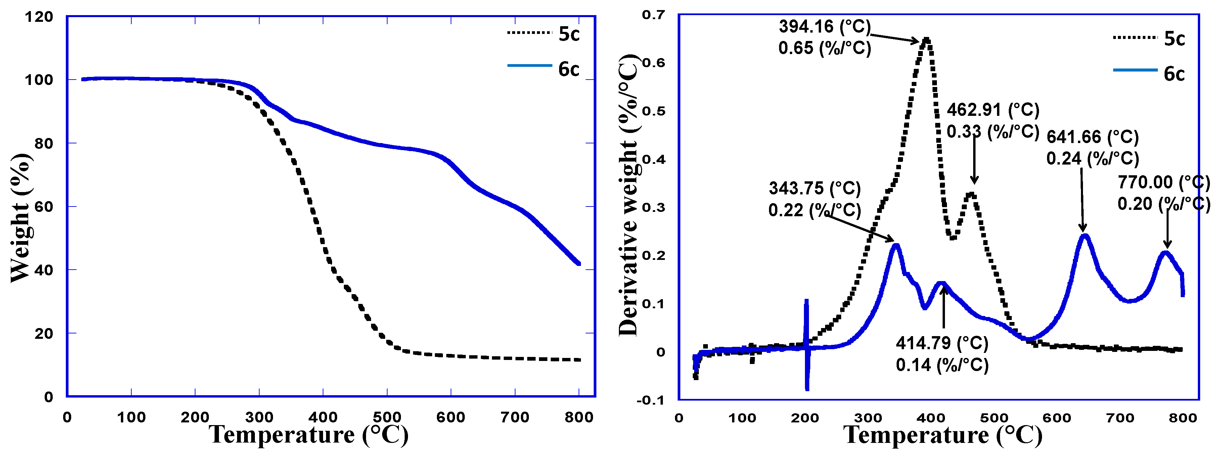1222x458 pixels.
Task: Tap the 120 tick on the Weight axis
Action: click(39, 17)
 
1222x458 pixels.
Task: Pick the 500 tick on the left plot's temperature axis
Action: click(387, 418)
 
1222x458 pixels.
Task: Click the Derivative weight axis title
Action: click(629, 194)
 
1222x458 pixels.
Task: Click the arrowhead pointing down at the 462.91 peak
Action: click(974, 181)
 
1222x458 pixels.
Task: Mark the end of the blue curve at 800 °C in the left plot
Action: click(578, 264)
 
